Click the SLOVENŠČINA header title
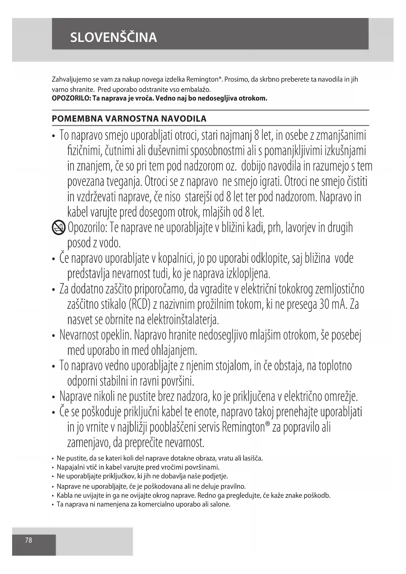114,37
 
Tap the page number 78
29,540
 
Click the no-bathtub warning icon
59,227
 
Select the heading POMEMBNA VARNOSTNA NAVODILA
129,118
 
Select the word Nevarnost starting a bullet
79,335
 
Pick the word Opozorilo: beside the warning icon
87,227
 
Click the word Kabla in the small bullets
64,495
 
